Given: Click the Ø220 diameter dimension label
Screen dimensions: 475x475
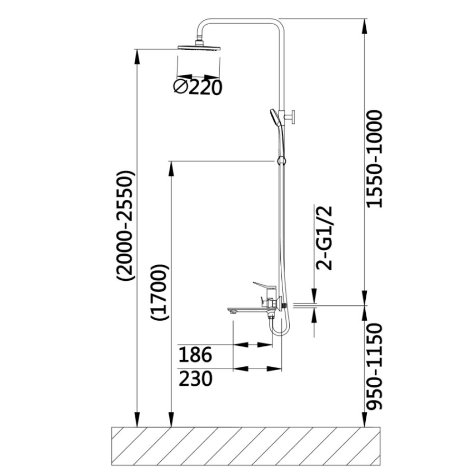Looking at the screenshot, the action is pyautogui.click(x=198, y=87).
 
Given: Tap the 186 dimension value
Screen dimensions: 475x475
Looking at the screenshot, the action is pyautogui.click(x=195, y=355).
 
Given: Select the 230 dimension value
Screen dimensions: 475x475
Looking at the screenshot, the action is pyautogui.click(x=195, y=379).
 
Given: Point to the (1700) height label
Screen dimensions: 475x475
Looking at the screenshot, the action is pyautogui.click(x=159, y=293).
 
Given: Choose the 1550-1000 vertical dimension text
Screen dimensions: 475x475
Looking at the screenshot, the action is pyautogui.click(x=375, y=159).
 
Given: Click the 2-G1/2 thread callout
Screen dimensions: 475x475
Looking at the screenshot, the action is pyautogui.click(x=324, y=238).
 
